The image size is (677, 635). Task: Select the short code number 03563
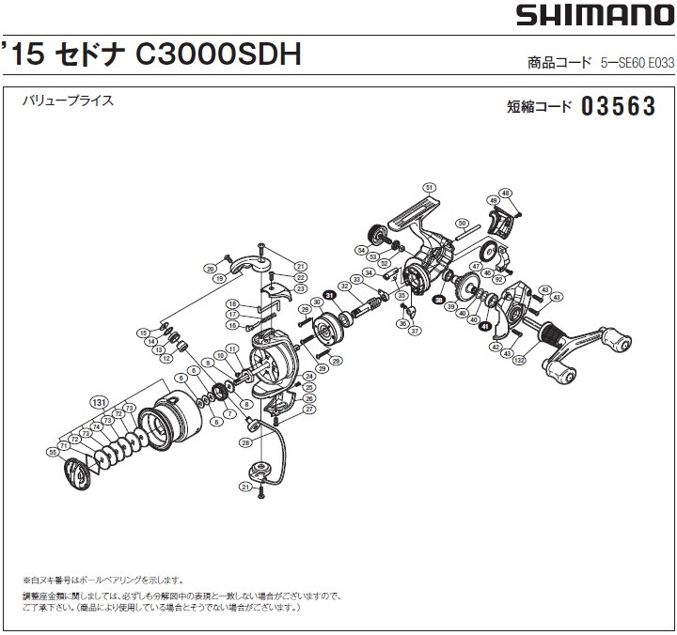[618, 107]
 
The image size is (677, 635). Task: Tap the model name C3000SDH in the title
[219, 55]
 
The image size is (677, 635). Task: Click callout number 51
[428, 187]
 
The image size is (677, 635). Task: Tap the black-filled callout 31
[330, 296]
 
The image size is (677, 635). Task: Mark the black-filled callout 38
[439, 299]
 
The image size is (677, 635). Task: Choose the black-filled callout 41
[484, 327]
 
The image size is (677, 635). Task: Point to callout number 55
[52, 452]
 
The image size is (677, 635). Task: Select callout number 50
[462, 224]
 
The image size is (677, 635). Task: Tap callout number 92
[499, 279]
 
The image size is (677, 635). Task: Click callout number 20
[211, 269]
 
